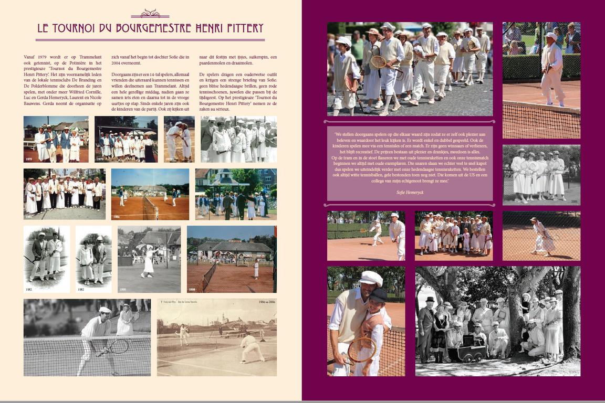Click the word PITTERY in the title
pyautogui.click(x=241, y=28)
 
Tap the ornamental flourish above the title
pyautogui.click(x=150, y=14)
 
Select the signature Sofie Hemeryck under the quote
pyautogui.click(x=410, y=193)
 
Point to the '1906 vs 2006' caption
pyautogui.click(x=266, y=302)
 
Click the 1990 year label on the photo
pyautogui.click(x=122, y=289)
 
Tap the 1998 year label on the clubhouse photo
pyautogui.click(x=192, y=289)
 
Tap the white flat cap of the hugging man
pyautogui.click(x=371, y=278)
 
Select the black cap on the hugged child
pyautogui.click(x=378, y=295)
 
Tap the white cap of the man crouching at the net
pyautogui.click(x=106, y=310)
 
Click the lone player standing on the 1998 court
pyautogui.click(x=256, y=269)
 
